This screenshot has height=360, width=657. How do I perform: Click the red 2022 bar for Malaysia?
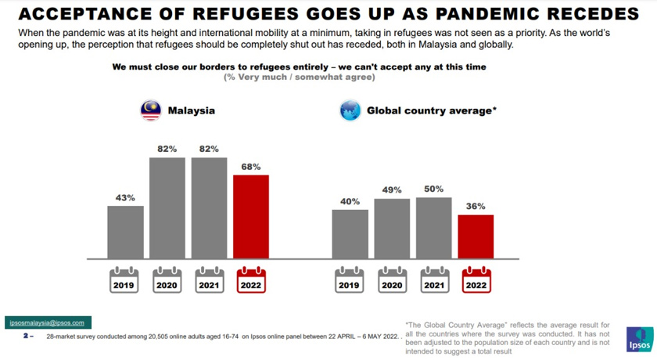click(251, 216)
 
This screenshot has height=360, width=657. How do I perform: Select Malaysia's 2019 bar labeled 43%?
click(125, 232)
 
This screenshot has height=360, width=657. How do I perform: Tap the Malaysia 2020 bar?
click(167, 207)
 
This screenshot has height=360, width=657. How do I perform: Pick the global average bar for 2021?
click(433, 227)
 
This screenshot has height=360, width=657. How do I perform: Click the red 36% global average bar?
click(476, 236)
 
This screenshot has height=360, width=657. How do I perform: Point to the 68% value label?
click(251, 167)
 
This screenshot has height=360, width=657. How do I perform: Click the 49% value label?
click(392, 190)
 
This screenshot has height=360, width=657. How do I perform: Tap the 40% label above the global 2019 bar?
click(350, 201)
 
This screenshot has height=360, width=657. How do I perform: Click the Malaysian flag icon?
click(151, 110)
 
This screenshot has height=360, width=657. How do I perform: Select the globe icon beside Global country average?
click(350, 110)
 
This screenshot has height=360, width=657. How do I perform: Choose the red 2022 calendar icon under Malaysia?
click(251, 281)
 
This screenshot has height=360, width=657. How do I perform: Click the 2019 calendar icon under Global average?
click(350, 281)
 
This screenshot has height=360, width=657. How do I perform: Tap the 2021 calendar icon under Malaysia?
click(209, 281)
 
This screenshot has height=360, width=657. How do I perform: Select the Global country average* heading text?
click(431, 110)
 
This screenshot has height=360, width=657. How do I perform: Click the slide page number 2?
click(26, 335)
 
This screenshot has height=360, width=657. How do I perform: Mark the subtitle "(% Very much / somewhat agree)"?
click(300, 77)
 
